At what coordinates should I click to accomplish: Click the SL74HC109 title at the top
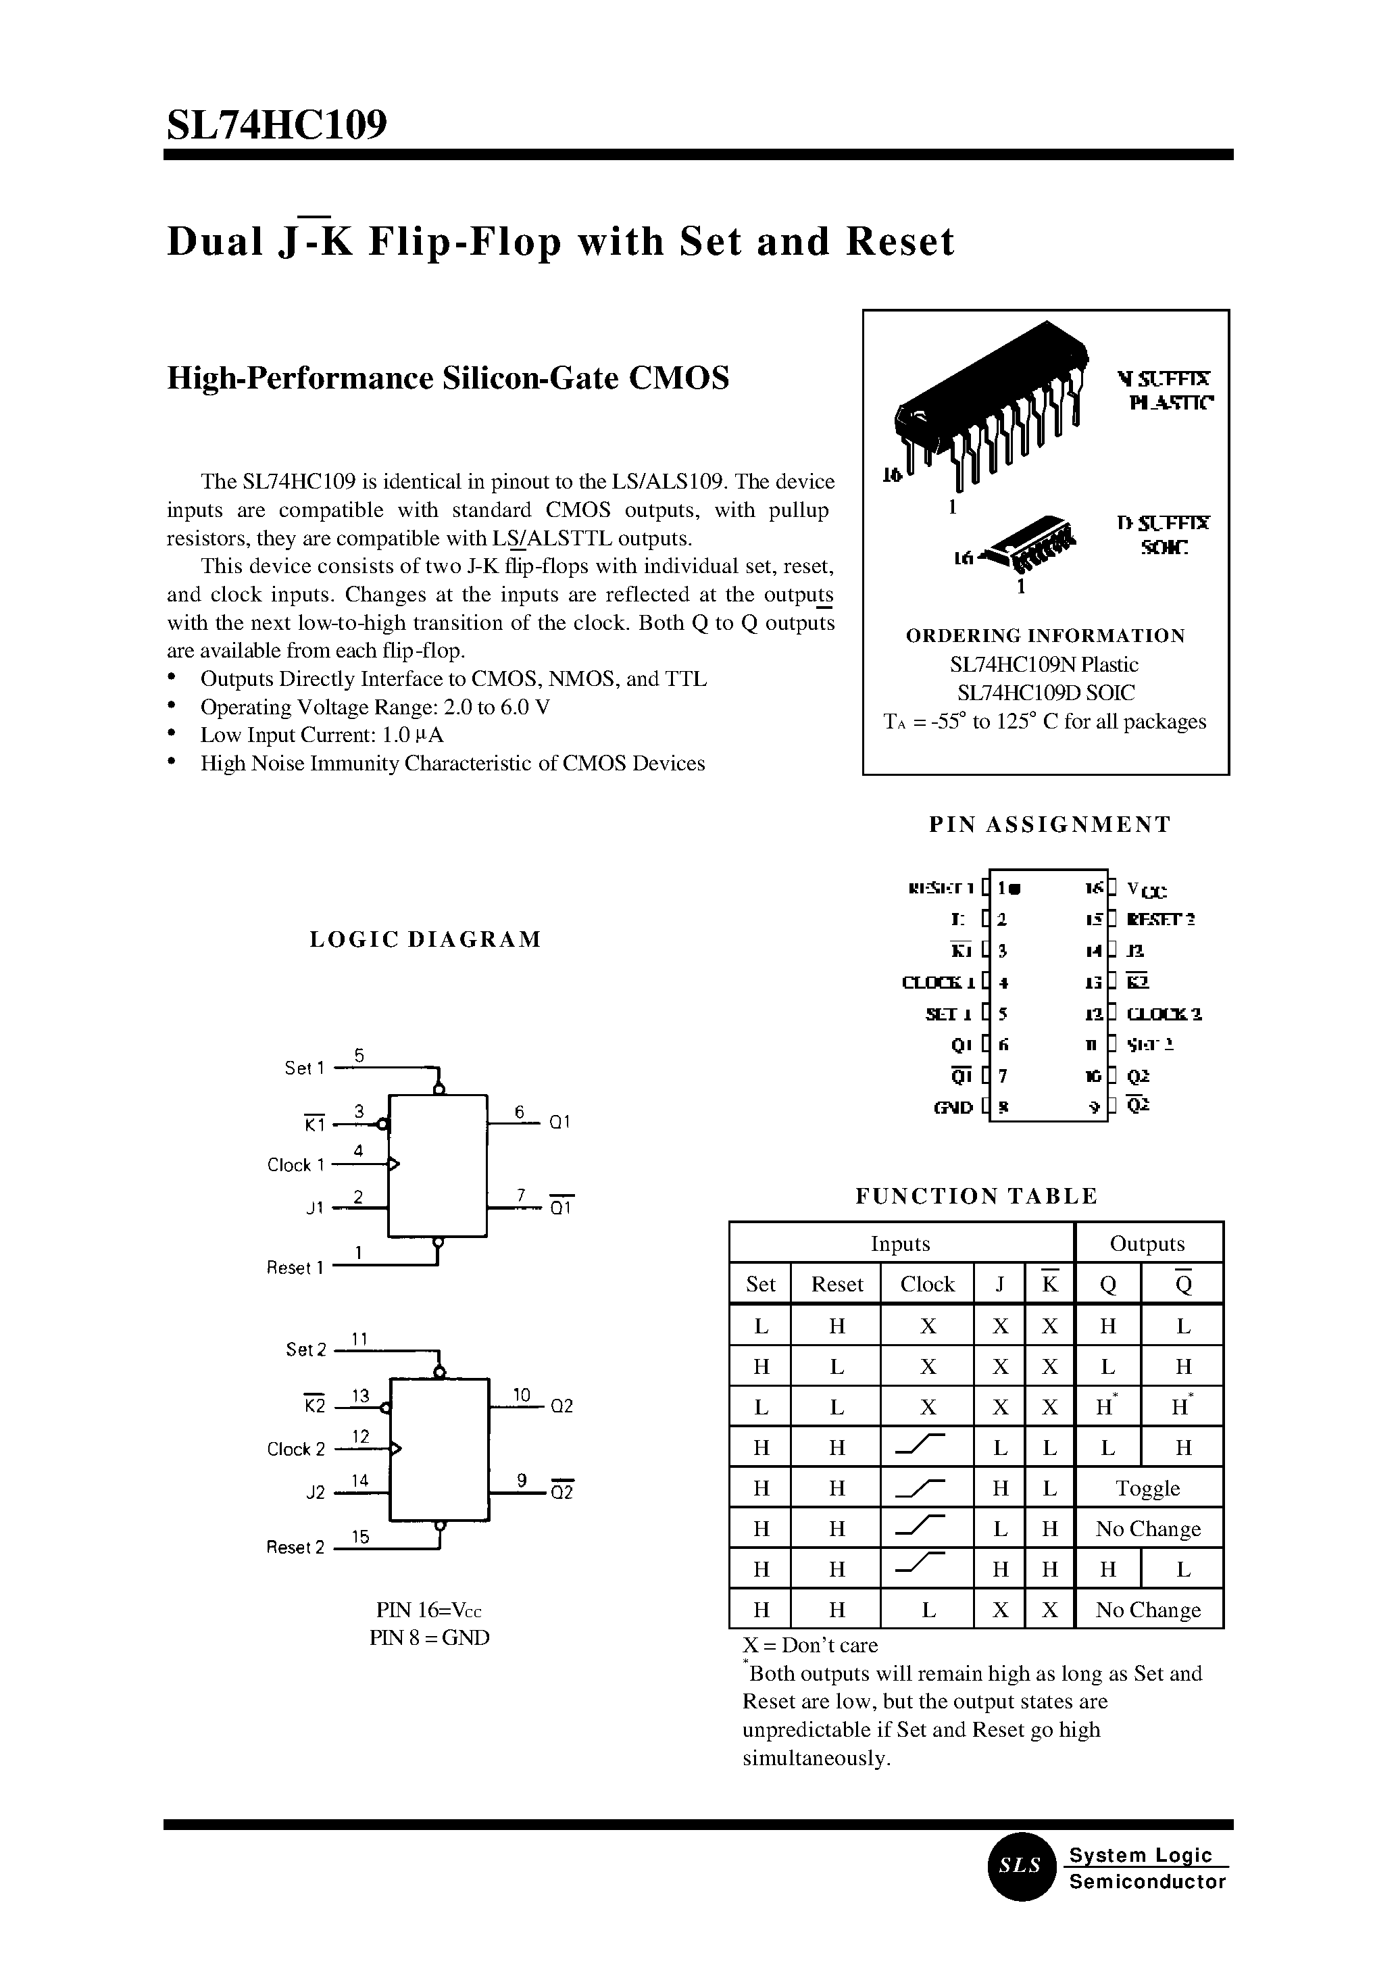pyautogui.click(x=276, y=126)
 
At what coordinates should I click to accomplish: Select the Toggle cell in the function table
pyautogui.click(x=1147, y=1489)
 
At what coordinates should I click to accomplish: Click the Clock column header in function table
pyautogui.click(x=927, y=1284)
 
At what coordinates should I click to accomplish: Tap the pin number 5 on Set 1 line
pyautogui.click(x=359, y=1055)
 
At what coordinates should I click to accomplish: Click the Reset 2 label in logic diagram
pyautogui.click(x=295, y=1548)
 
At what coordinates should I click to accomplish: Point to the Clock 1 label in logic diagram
pyautogui.click(x=295, y=1165)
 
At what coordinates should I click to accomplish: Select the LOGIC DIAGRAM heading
pyautogui.click(x=425, y=939)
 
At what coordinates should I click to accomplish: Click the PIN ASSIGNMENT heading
pyautogui.click(x=1049, y=824)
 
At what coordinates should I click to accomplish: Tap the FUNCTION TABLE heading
pyautogui.click(x=976, y=1196)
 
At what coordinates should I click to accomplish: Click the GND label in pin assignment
pyautogui.click(x=953, y=1107)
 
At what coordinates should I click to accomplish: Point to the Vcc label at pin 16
pyautogui.click(x=1147, y=889)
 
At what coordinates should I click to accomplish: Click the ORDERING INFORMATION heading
pyautogui.click(x=1045, y=635)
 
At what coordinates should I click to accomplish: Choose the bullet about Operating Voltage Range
pyautogui.click(x=374, y=707)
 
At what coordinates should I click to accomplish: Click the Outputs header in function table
pyautogui.click(x=1147, y=1243)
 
